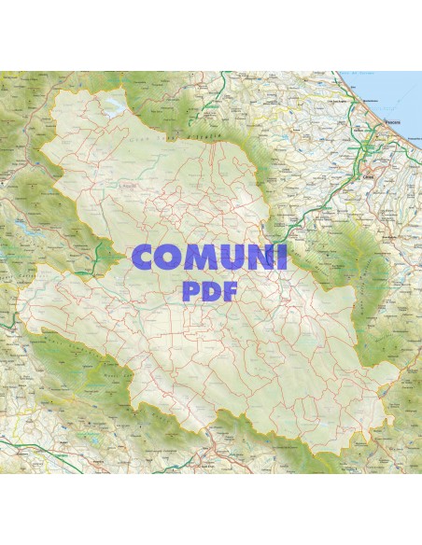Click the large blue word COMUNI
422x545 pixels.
pyautogui.click(x=211, y=259)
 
